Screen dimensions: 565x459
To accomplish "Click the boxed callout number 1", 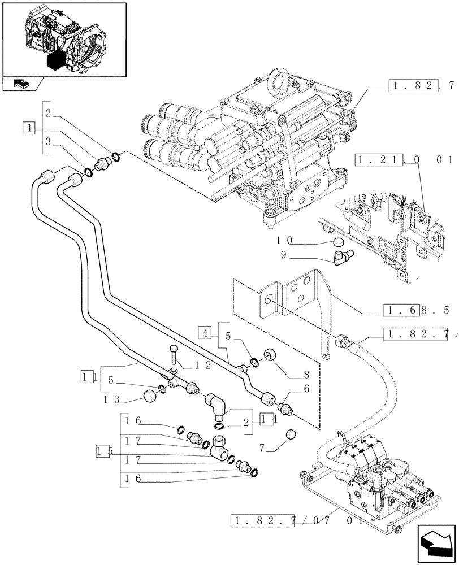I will click(x=27, y=128).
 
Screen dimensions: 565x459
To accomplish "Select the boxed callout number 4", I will click(x=205, y=332).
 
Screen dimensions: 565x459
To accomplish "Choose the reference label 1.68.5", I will click(x=415, y=310).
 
